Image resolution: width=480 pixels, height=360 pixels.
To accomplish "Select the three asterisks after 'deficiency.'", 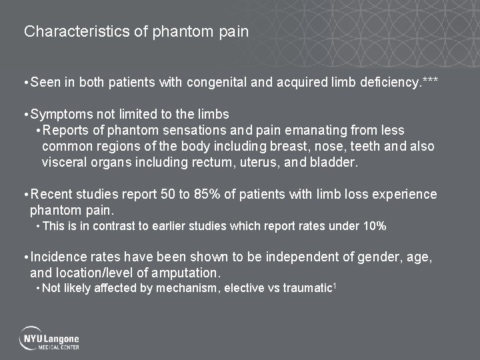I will click(x=431, y=81).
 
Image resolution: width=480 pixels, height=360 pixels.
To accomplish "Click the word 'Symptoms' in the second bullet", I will click(x=61, y=114).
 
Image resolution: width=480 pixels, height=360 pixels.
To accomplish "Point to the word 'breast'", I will click(x=289, y=146).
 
